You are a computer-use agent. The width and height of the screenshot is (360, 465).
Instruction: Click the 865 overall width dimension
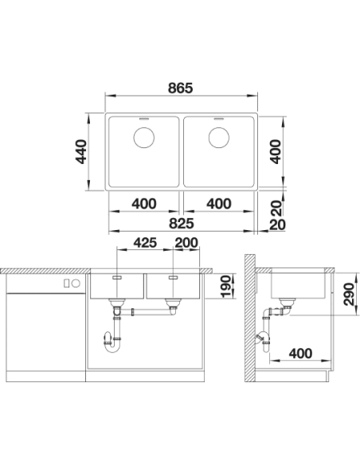180,88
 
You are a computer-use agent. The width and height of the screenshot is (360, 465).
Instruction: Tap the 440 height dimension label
81,151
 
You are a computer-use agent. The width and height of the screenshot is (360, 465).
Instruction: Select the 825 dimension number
182,223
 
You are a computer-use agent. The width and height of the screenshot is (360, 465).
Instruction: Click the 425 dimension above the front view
145,243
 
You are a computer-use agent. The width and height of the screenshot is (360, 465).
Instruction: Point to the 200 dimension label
186,243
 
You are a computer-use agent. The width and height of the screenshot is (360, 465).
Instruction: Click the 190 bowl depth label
225,286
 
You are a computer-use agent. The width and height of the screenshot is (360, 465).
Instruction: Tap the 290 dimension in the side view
349,294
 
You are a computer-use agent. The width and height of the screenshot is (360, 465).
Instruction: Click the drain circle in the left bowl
144,138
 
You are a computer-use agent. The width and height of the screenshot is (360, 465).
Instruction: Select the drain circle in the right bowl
219,138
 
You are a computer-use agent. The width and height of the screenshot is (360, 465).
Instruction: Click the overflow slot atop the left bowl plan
144,119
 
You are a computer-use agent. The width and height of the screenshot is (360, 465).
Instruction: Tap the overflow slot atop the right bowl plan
219,119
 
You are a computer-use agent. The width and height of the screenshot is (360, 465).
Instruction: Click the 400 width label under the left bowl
144,204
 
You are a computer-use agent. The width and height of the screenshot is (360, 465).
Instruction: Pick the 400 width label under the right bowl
219,204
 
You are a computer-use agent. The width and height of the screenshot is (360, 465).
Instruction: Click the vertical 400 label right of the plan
276,151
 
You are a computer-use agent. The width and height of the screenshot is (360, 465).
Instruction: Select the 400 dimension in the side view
300,354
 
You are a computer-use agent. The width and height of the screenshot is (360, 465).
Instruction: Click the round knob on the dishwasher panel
76,283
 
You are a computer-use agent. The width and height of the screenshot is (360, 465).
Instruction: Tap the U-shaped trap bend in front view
112,343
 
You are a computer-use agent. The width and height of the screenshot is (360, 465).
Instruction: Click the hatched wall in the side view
249,318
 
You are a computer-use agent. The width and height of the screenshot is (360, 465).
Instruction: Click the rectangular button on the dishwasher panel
67,283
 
